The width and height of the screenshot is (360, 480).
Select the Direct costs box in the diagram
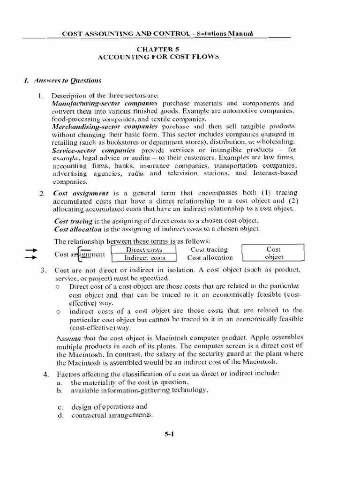pyautogui.click(x=144, y=250)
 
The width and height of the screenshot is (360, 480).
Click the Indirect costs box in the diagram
pyautogui.click(x=144, y=258)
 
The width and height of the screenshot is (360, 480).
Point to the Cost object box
pyautogui.click(x=273, y=253)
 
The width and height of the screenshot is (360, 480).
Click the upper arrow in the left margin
pyautogui.click(x=31, y=250)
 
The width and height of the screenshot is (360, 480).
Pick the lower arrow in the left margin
pyautogui.click(x=31, y=257)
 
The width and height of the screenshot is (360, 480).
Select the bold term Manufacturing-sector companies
pyautogui.click(x=105, y=103)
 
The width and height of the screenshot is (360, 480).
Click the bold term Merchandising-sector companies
pyautogui.click(x=105, y=127)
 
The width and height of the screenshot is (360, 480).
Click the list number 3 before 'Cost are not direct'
pyautogui.click(x=43, y=270)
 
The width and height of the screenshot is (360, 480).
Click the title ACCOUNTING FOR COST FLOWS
pyautogui.click(x=158, y=57)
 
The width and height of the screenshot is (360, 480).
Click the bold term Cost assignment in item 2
pyautogui.click(x=81, y=193)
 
